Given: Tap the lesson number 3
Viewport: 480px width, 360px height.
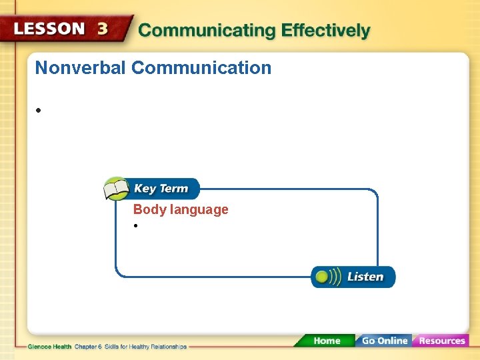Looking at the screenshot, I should pos(103,29).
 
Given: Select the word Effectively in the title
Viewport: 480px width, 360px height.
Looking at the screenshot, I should pos(325,31).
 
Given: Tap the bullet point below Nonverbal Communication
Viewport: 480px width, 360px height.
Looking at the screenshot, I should pos(40,110).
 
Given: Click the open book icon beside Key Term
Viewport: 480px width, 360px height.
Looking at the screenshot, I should pos(116,189).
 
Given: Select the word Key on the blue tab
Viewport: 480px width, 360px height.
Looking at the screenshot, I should pos(145,189).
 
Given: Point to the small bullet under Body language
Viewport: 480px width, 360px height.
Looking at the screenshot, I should pos(135,227).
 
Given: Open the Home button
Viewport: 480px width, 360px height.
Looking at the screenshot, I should pos(326,341).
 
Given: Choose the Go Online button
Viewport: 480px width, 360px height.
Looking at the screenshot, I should pos(383,341).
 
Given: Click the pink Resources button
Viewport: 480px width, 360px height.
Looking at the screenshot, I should pos(441,341).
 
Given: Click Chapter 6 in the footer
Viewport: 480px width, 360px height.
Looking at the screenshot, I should pos(89,347).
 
